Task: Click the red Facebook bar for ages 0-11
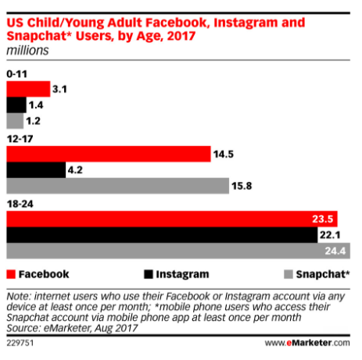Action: click(27, 89)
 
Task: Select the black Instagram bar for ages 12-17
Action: click(36, 169)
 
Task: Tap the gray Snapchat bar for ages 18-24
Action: click(177, 251)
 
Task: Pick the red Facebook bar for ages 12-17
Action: click(108, 154)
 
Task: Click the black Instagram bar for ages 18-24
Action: click(156, 235)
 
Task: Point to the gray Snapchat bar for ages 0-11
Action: click(14, 121)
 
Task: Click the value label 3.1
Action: click(63, 89)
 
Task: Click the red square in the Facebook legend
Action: click(10, 274)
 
